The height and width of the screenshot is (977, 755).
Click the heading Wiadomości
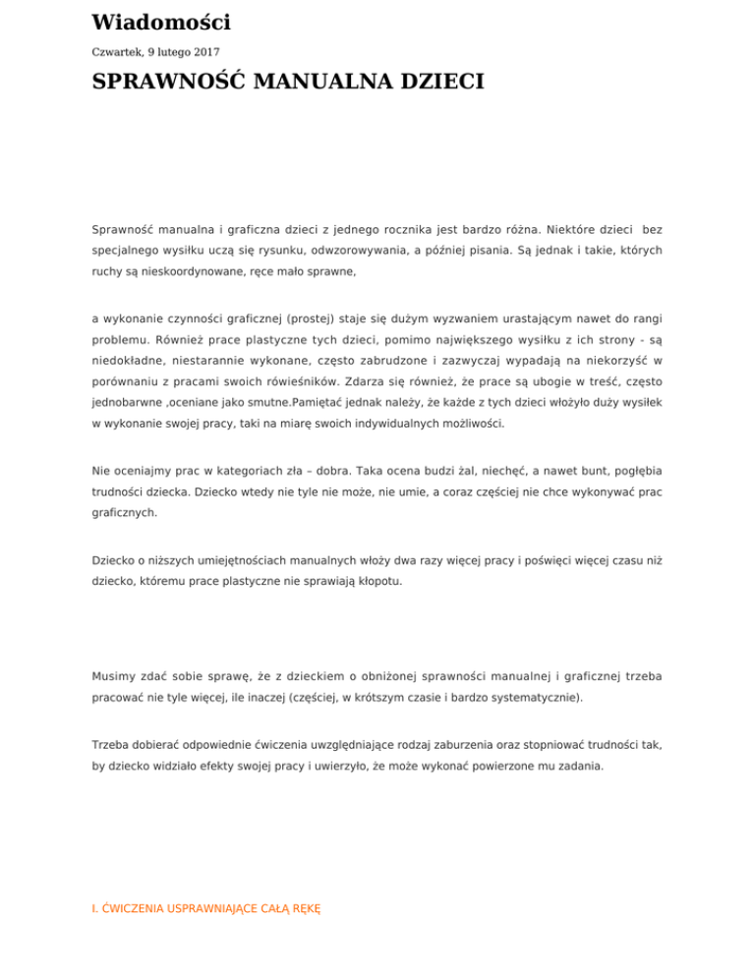[160, 22]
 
